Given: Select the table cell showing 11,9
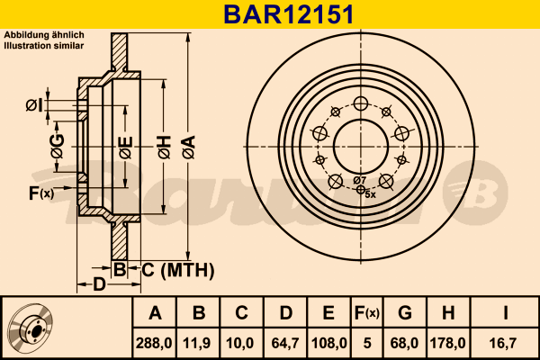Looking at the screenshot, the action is click(x=199, y=342).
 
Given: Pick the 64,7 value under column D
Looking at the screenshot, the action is click(x=284, y=342).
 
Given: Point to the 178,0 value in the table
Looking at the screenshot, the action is click(x=447, y=342).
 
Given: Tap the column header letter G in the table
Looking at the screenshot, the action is click(x=405, y=314).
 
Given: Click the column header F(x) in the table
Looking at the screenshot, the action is click(x=366, y=314).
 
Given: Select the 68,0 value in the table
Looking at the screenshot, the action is click(x=405, y=342).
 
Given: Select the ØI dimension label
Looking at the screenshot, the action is click(x=33, y=106).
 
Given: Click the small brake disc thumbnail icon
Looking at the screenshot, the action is click(x=31, y=328).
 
